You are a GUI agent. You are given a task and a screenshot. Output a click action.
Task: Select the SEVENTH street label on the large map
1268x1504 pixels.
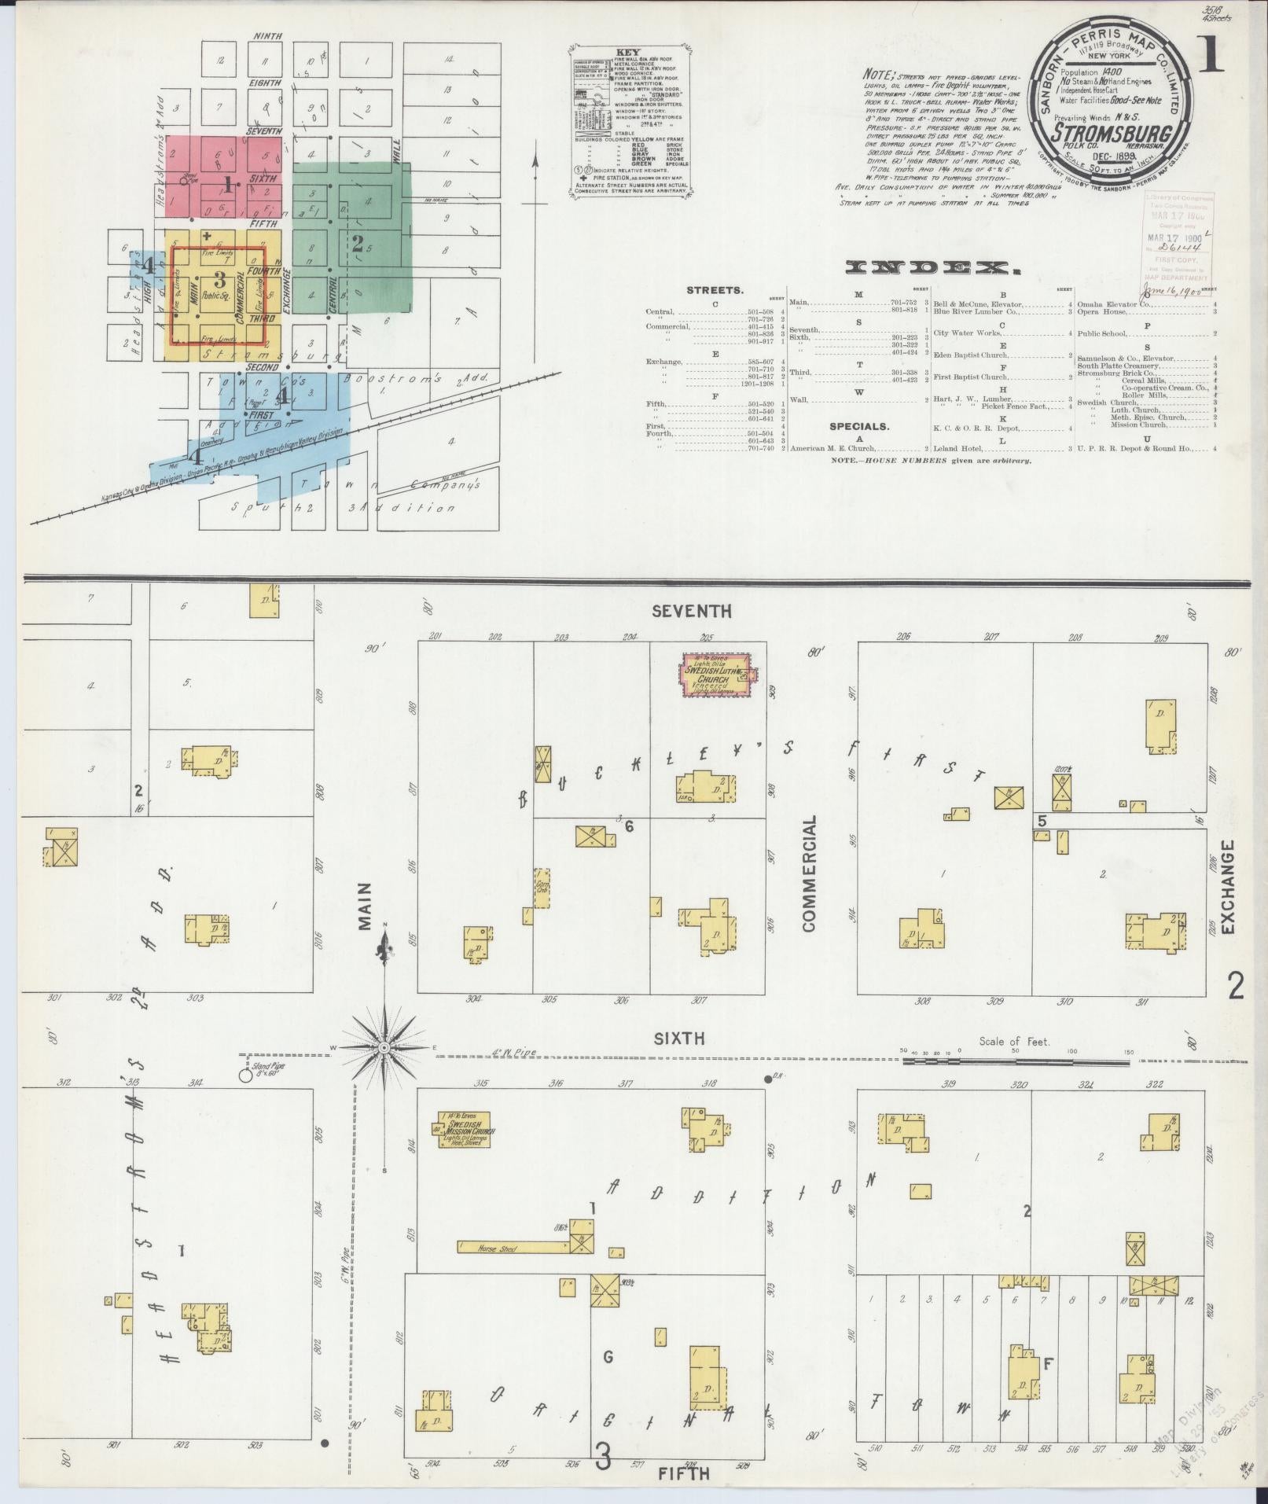click(692, 611)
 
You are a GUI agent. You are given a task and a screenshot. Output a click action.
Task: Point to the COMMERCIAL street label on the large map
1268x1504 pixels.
click(809, 873)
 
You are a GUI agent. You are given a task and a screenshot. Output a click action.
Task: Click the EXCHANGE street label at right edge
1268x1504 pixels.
click(1229, 886)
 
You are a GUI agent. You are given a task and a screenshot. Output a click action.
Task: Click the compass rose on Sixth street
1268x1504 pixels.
click(384, 1048)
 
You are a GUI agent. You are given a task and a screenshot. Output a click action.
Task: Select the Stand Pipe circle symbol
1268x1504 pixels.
click(245, 1076)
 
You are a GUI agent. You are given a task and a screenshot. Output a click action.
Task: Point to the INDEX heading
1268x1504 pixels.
click(932, 269)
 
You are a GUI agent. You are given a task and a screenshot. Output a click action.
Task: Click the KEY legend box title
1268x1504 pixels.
click(629, 51)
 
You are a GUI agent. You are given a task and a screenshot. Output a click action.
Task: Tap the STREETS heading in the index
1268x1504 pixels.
click(714, 290)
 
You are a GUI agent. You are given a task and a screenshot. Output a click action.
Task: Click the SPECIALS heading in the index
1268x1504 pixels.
click(859, 426)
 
